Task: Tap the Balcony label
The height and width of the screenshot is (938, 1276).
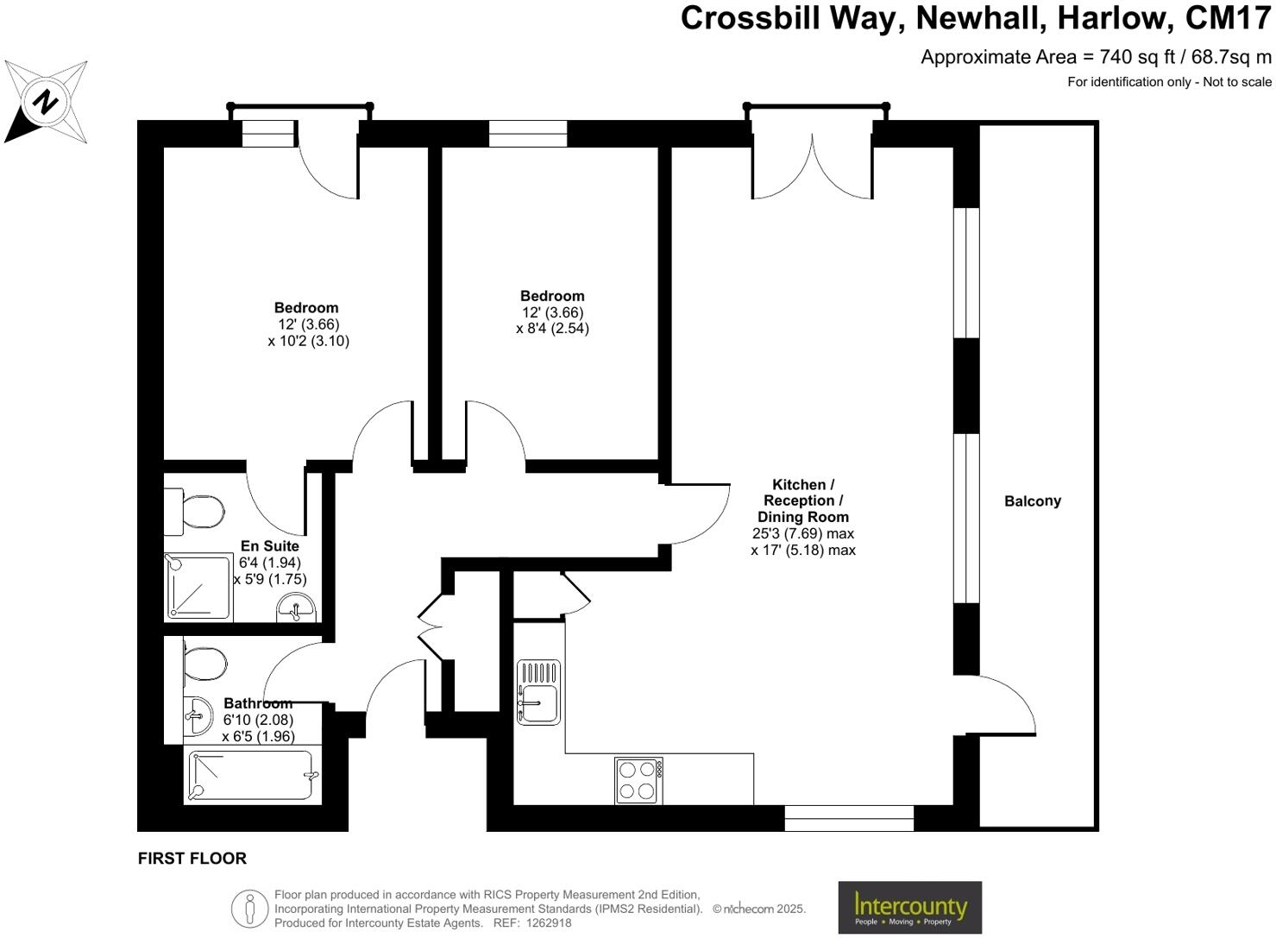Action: (x=1032, y=500)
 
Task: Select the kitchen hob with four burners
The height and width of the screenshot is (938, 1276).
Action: (x=639, y=779)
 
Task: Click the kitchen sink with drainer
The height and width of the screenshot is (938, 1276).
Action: (x=538, y=692)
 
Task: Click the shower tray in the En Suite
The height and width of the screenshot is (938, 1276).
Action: (x=198, y=587)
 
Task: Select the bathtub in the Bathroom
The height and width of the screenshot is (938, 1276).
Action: (x=251, y=775)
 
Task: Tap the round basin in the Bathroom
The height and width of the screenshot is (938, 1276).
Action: (x=198, y=715)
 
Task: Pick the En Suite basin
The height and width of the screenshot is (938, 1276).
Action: (x=298, y=608)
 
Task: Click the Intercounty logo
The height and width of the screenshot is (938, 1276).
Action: (x=909, y=907)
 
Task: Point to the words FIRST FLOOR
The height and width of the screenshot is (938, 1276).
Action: (x=192, y=858)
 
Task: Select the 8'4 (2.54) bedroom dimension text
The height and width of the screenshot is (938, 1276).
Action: (x=552, y=328)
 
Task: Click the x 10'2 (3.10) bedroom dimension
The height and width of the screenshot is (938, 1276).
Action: (x=308, y=340)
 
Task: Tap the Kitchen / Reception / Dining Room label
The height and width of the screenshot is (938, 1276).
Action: (x=803, y=500)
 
